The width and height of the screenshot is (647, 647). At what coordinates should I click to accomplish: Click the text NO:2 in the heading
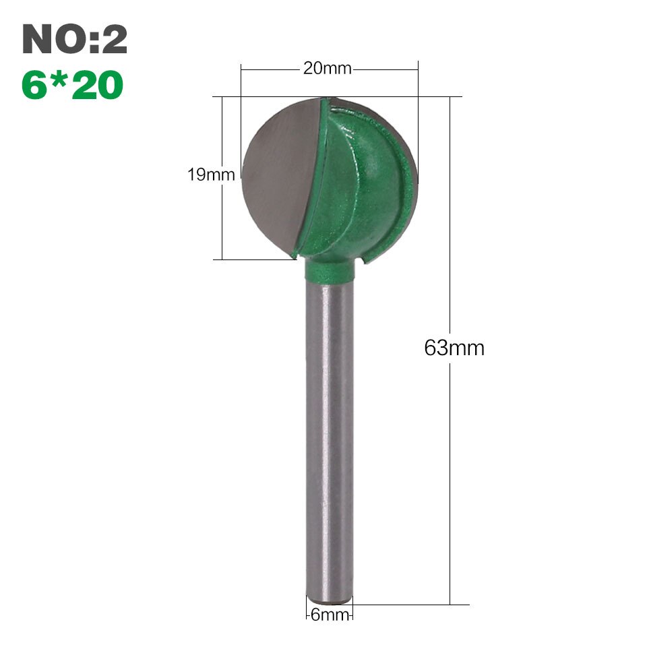74,40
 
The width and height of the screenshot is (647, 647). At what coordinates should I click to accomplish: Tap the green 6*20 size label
72,85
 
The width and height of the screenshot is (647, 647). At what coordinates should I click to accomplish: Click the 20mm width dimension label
321,69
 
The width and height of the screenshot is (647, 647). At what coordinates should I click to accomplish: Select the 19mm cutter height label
211,175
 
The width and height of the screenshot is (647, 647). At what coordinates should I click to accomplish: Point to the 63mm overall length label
454,348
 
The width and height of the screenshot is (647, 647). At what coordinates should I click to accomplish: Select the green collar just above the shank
329,270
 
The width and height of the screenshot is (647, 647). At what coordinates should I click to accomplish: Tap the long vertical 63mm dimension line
450,472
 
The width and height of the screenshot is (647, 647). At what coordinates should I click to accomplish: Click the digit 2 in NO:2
113,40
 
